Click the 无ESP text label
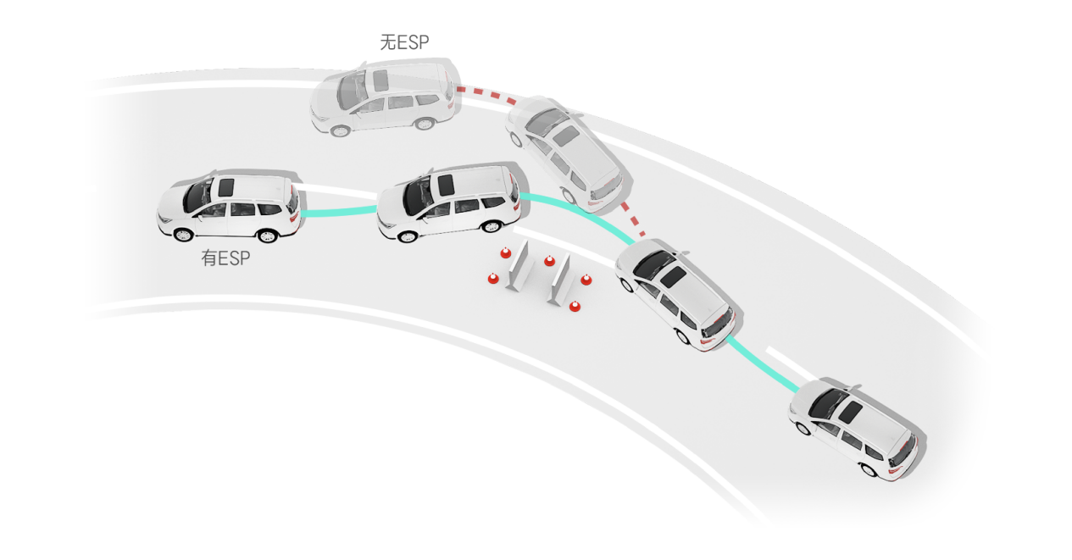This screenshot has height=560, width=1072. [404, 43]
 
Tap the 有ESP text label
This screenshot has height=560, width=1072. [226, 258]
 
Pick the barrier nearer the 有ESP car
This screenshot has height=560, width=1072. [519, 265]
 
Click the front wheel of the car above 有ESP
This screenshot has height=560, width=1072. [183, 234]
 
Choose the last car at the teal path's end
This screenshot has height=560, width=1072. [853, 429]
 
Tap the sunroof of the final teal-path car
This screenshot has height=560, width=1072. [851, 413]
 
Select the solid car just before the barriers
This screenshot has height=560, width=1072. [447, 202]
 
